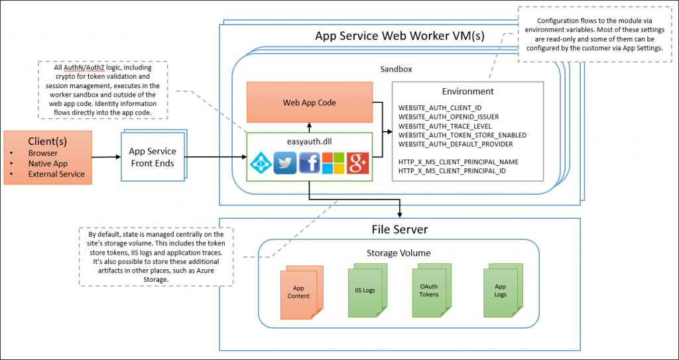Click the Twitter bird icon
[284, 163]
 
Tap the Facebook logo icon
[310, 163]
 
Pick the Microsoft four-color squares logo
[334, 163]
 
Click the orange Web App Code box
[309, 103]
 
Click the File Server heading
[399, 229]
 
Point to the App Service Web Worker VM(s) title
[400, 36]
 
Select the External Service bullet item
[56, 174]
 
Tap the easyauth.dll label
[309, 141]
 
